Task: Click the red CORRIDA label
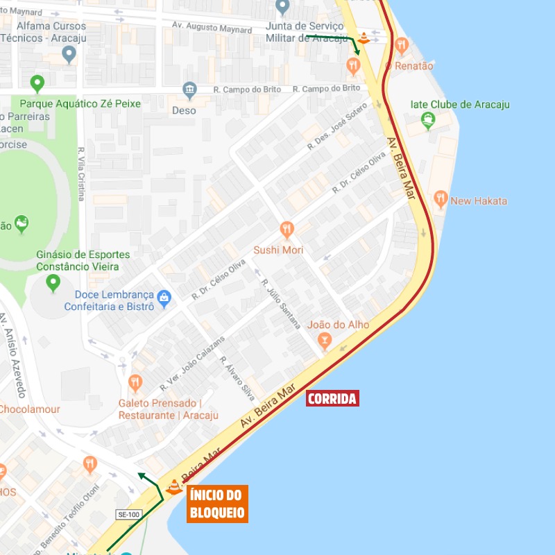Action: coord(332,398)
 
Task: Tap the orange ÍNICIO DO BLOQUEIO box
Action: coord(217,504)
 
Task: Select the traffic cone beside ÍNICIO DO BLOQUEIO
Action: coord(174,486)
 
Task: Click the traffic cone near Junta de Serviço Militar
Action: coord(363,39)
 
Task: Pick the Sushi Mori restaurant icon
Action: coord(287,230)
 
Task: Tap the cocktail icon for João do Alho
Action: coord(324,340)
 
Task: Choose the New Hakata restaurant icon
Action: coord(440,200)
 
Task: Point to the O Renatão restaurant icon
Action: coord(401,46)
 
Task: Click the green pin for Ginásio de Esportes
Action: coord(53,283)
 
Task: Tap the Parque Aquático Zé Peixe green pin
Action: coord(37,85)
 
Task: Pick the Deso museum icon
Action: coord(189,90)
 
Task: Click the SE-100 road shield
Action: coord(128,515)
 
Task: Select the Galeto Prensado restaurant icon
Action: coord(135,382)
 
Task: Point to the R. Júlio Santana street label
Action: coord(281,304)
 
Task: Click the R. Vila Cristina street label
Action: coord(81,173)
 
